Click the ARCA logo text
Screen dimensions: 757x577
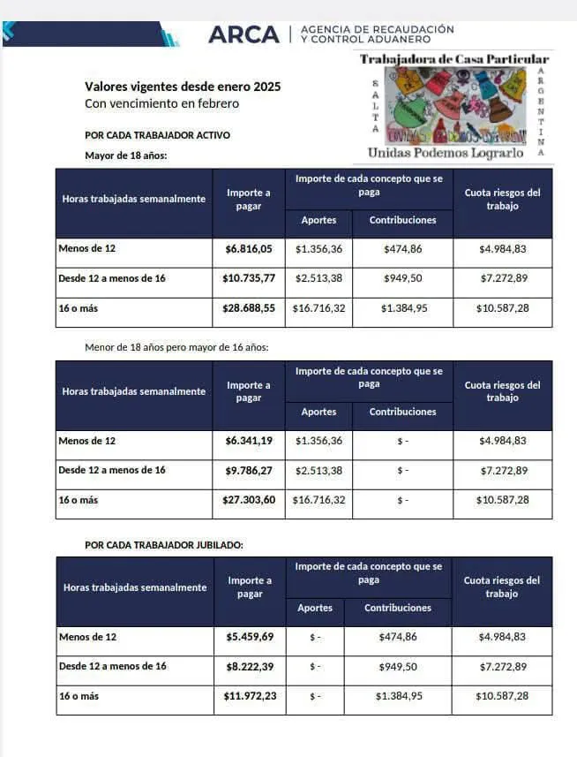[x=242, y=34]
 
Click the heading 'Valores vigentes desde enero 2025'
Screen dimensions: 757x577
[x=183, y=87]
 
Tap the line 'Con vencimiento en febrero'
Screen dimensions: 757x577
[x=161, y=103]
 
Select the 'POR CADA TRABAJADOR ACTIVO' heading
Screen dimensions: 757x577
[x=157, y=135]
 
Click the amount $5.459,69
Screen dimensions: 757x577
[x=250, y=636]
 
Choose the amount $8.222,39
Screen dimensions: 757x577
[x=250, y=666]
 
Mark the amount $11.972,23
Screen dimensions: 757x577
[x=250, y=696]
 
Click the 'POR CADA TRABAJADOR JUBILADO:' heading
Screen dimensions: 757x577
[x=164, y=545]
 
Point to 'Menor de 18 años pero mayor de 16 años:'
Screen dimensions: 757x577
[x=176, y=347]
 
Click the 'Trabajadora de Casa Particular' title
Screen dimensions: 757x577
[x=454, y=58]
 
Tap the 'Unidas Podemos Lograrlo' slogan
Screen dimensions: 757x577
[x=446, y=153]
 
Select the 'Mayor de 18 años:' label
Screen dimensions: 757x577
[x=125, y=155]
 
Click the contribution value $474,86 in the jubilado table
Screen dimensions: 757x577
[x=398, y=636]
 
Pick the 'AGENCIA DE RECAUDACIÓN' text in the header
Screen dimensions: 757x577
[x=378, y=29]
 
